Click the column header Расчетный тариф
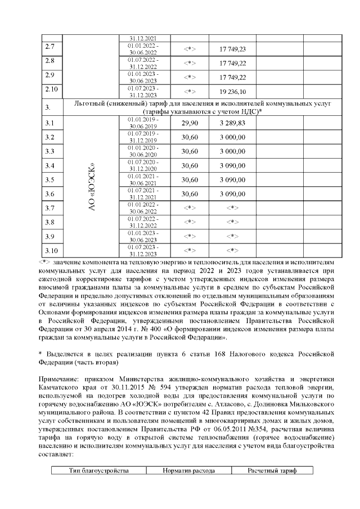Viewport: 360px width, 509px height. click(273, 470)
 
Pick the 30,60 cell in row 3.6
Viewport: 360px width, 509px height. click(190, 194)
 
